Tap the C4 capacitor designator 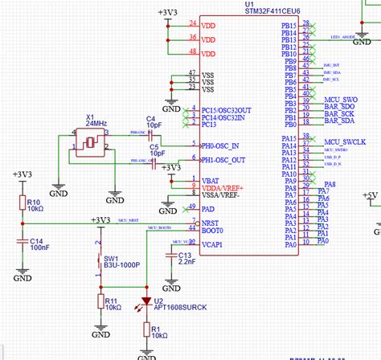[150, 117]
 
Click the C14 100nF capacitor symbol [21, 240]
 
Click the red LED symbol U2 [146, 302]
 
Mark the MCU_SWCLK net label [344, 141]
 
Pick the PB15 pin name [289, 25]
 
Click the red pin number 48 [192, 52]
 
